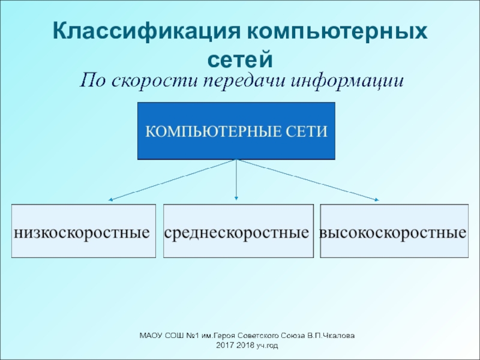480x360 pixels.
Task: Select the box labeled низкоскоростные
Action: click(x=83, y=231)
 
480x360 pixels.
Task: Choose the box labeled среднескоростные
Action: click(x=238, y=231)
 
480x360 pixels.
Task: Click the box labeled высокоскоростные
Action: click(x=394, y=231)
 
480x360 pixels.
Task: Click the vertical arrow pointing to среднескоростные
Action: click(x=236, y=180)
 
